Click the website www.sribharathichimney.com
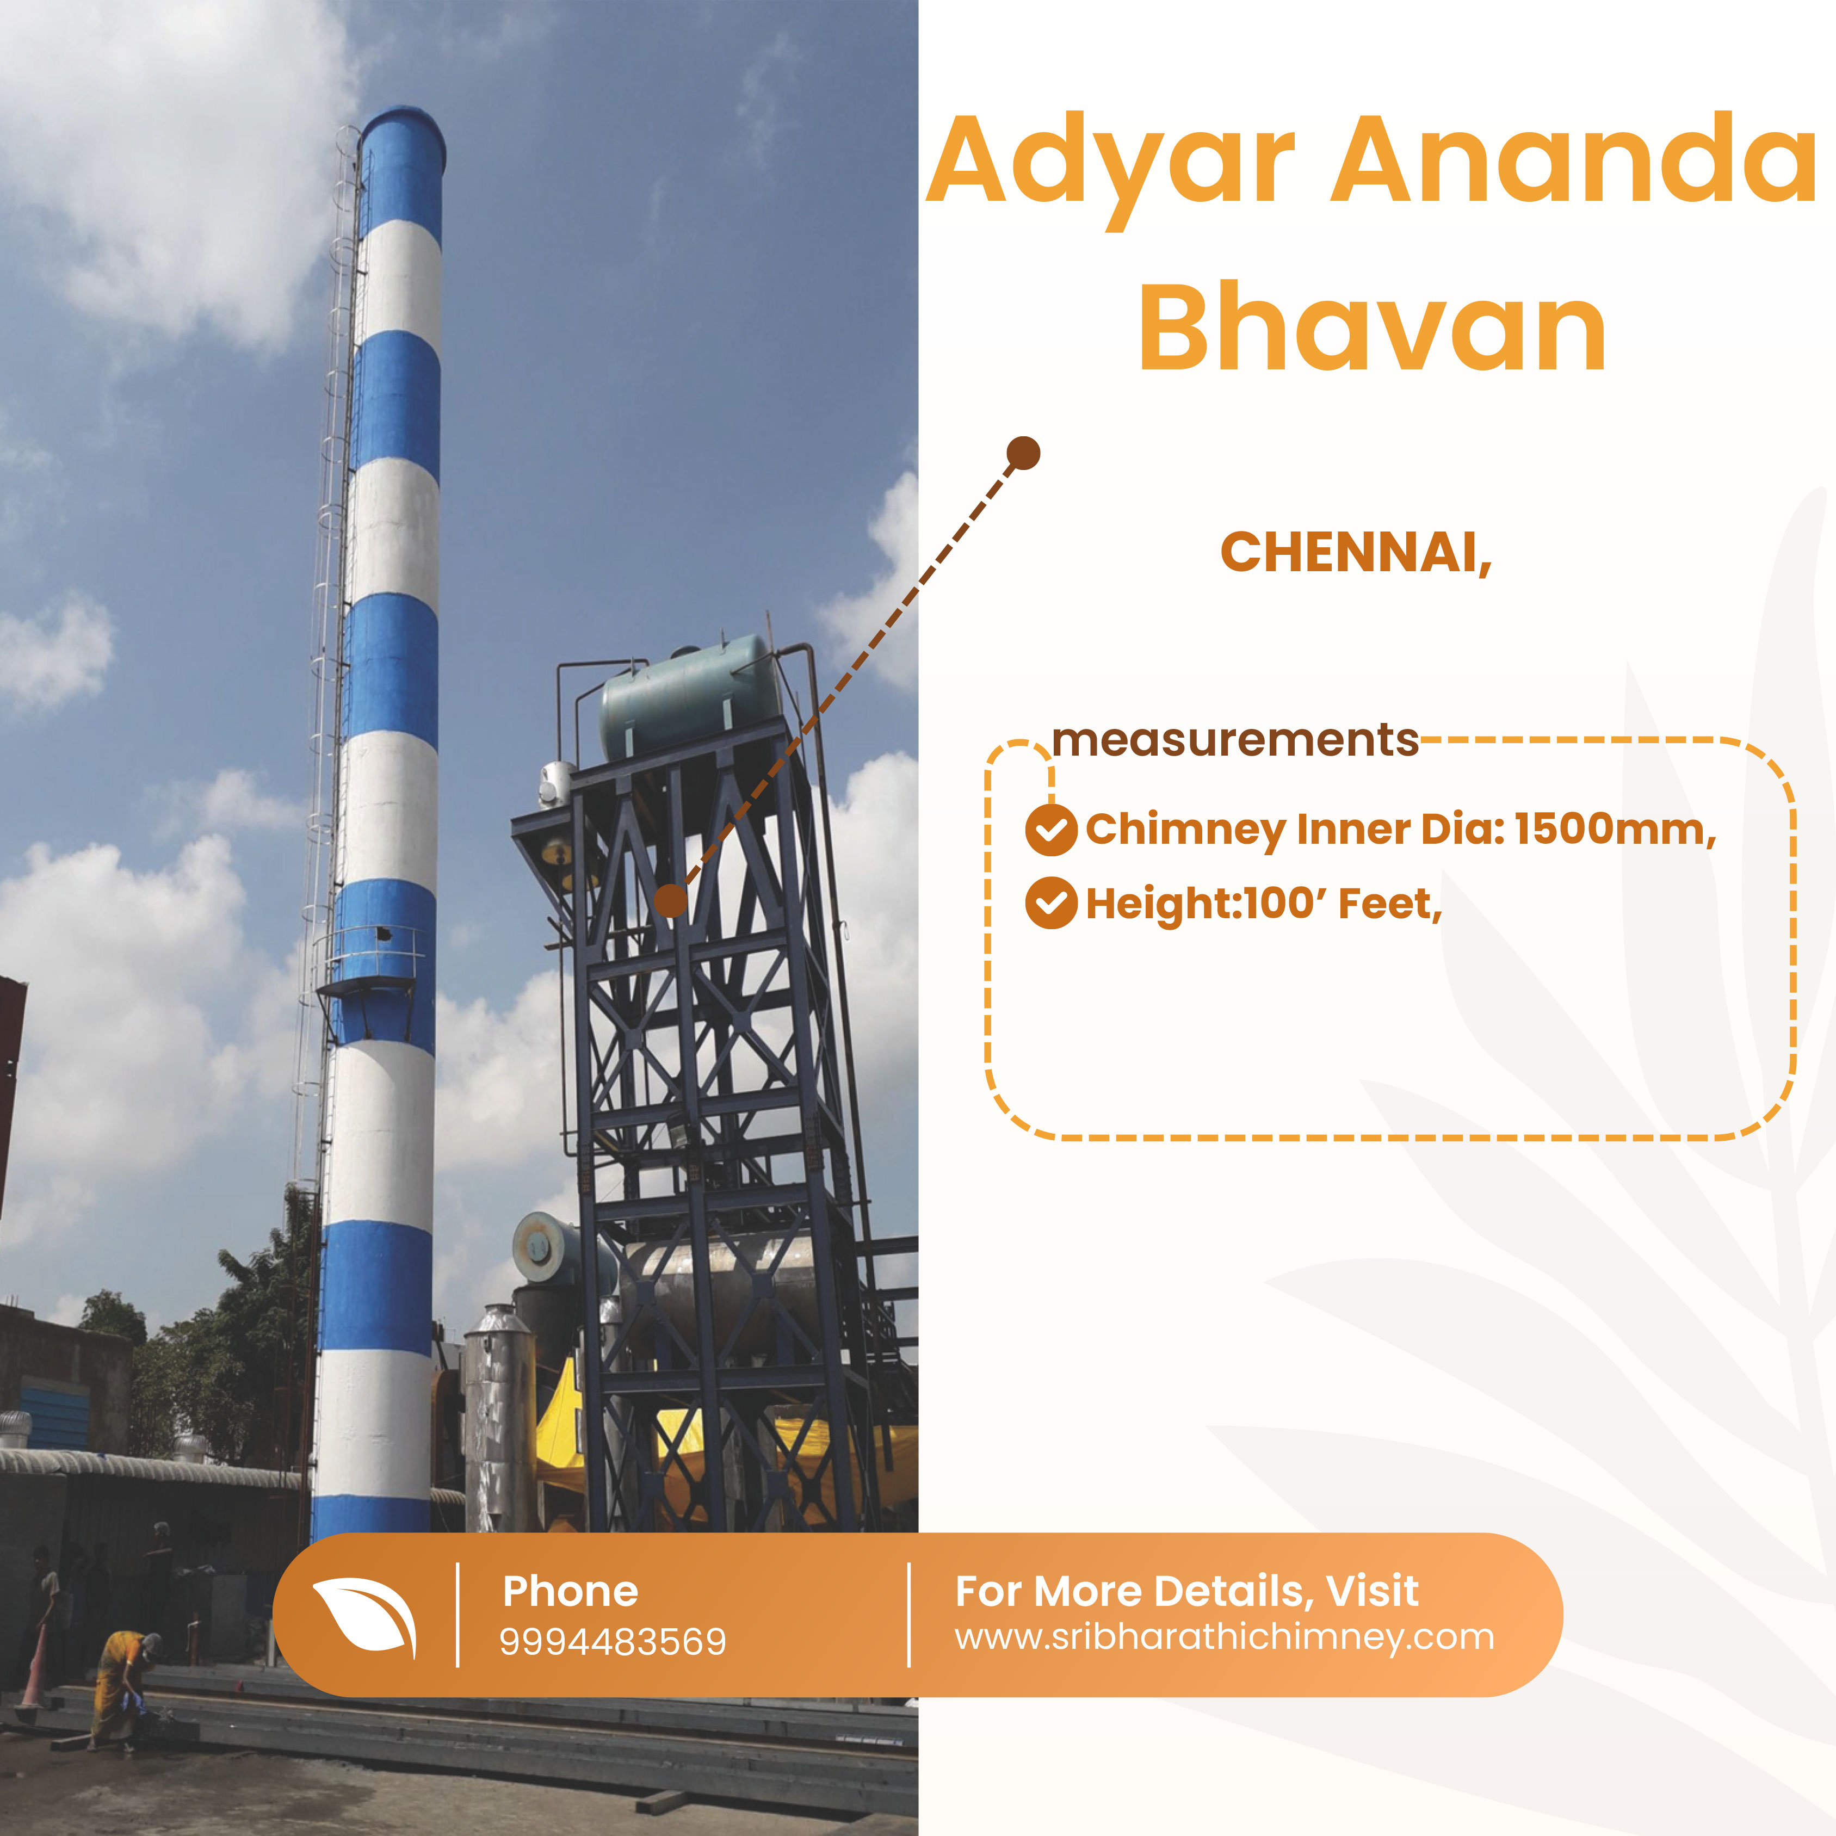tap(1224, 1637)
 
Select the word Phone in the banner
tap(570, 1591)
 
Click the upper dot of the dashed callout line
tap(1023, 453)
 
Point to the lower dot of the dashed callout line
tap(670, 900)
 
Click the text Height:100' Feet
tap(1264, 904)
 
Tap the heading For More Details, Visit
tap(1187, 1591)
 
